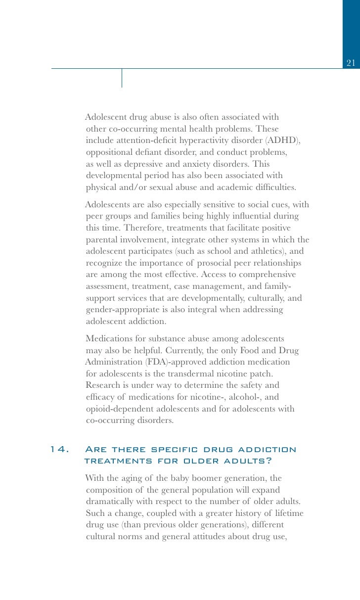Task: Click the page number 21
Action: point(351,63)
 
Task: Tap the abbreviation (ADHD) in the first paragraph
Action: point(282,140)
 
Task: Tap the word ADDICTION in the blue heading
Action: point(267,450)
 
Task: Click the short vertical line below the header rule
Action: point(122,78)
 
